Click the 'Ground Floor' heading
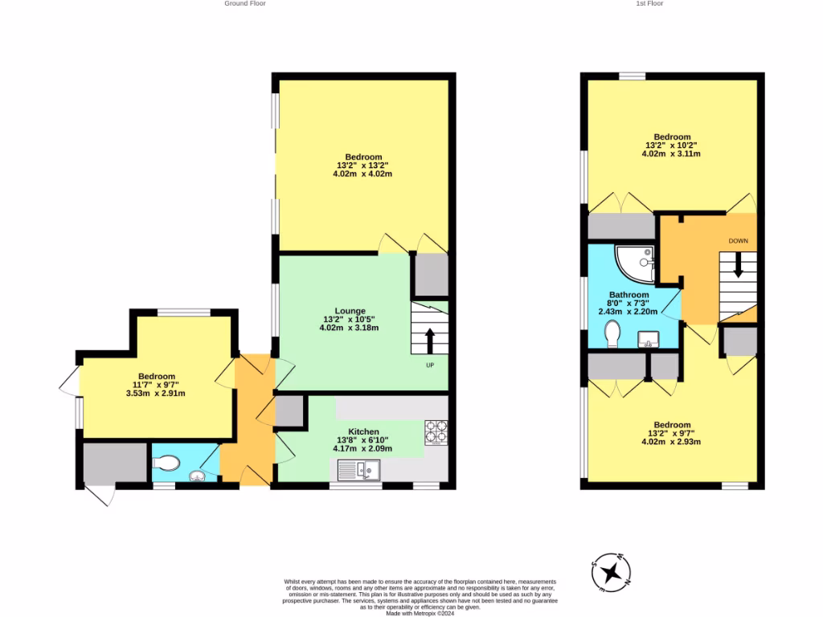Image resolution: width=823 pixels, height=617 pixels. coord(245,3)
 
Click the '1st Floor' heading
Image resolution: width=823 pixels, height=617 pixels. coord(649,3)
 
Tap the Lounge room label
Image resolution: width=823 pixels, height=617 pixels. coord(350,311)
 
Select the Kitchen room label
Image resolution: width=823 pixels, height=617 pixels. coord(363,431)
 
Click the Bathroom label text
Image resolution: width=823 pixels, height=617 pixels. coord(629,295)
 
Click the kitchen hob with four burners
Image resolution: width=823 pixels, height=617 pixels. coord(436,432)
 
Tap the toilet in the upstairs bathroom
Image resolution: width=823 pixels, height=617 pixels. coord(612,333)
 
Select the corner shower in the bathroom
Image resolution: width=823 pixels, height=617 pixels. coord(635,263)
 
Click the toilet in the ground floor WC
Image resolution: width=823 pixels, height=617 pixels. coord(167,463)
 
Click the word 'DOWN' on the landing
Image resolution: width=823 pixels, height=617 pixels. coord(739,241)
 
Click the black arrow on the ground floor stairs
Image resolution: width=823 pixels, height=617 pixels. coord(430,339)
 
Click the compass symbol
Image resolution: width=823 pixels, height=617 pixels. coord(612,573)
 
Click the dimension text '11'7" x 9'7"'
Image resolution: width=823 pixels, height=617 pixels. coord(156,385)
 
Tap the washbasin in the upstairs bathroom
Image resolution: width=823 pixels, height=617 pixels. coord(647,338)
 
